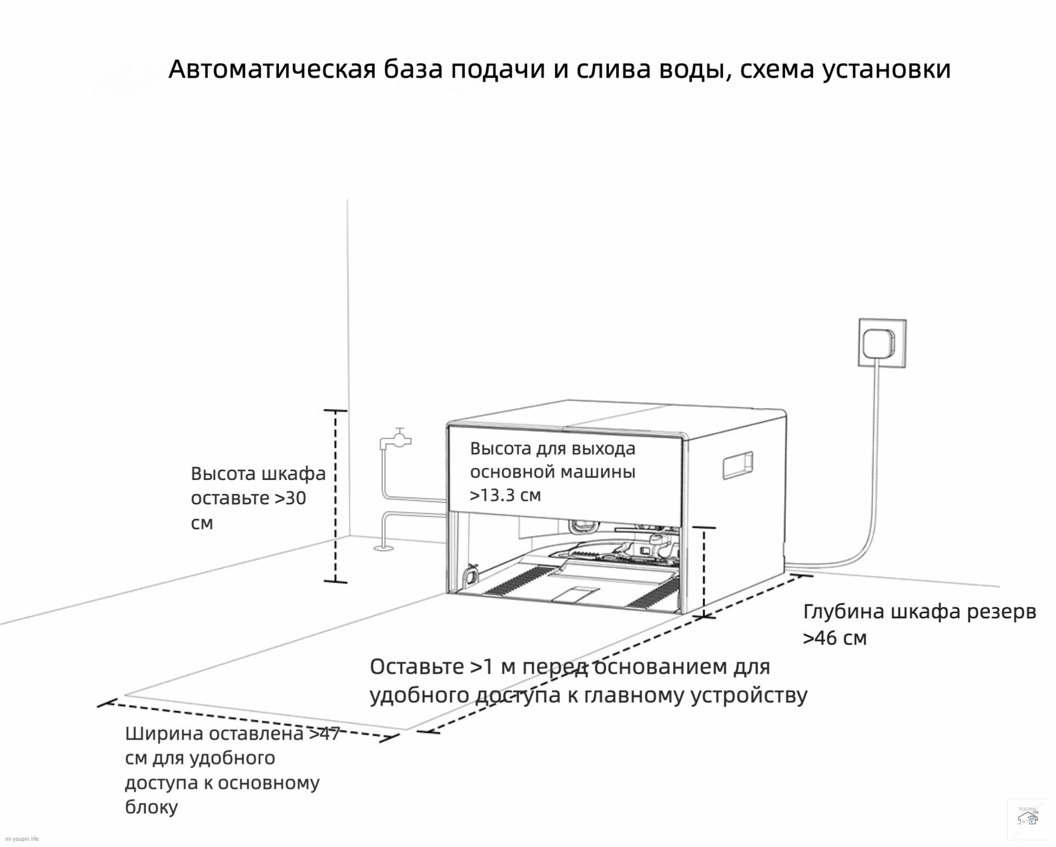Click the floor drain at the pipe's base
coord(383,548)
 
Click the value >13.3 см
coord(505,495)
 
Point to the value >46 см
coord(835,638)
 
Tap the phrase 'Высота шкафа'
coord(258,474)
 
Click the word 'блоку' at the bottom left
coord(151,822)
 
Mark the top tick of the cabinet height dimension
coord(335,410)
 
